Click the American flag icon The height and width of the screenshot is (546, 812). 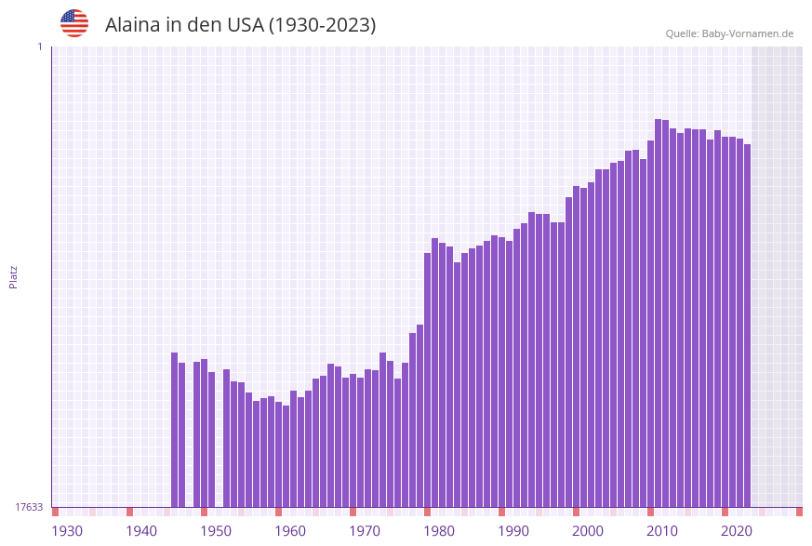[x=74, y=23]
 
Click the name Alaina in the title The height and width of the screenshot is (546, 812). [x=134, y=25]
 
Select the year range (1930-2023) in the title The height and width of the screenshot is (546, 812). [x=322, y=25]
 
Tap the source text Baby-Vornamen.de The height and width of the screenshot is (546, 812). [x=748, y=33]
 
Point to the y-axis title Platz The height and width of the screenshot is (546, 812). [x=13, y=276]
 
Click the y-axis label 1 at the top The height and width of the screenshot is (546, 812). [x=40, y=47]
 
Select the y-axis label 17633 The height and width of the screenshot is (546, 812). [x=29, y=507]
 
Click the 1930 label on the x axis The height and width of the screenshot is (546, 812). [x=67, y=530]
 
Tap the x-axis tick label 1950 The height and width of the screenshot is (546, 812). [x=216, y=530]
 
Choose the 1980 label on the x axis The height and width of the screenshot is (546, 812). [x=439, y=530]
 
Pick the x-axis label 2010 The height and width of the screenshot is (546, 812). [x=662, y=530]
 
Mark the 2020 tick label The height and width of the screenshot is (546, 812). [x=737, y=530]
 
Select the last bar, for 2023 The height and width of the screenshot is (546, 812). [x=747, y=326]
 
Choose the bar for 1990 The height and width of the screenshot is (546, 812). [x=501, y=372]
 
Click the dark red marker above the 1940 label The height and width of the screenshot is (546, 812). [x=129, y=512]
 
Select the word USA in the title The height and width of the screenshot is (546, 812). [x=246, y=25]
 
